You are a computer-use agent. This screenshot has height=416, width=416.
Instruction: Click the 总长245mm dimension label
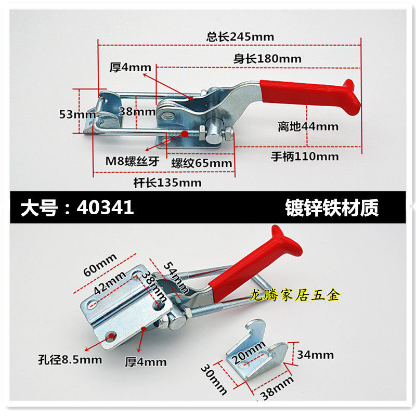pyautogui.click(x=240, y=37)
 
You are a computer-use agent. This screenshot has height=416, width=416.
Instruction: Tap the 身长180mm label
pyautogui.click(x=267, y=59)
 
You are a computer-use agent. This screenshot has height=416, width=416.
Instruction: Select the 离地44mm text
pyautogui.click(x=308, y=126)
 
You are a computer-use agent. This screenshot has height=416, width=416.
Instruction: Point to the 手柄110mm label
pyautogui.click(x=305, y=157)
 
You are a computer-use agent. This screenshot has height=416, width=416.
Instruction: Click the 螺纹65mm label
pyautogui.click(x=202, y=163)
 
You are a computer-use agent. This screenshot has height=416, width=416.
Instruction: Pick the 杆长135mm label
pyautogui.click(x=167, y=183)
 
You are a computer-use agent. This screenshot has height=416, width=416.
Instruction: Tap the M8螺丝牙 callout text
pyautogui.click(x=133, y=161)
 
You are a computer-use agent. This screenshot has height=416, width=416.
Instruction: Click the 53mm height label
pyautogui.click(x=77, y=114)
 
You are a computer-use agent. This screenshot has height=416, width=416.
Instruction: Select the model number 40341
pyautogui.click(x=105, y=207)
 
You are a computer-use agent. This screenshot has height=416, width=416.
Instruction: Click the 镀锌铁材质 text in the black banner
pyautogui.click(x=332, y=208)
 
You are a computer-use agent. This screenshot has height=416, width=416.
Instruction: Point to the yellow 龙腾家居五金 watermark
pyautogui.click(x=295, y=295)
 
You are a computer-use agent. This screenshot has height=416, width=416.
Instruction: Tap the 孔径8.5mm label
pyautogui.click(x=70, y=360)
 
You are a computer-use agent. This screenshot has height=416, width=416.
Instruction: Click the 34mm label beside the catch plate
pyautogui.click(x=315, y=355)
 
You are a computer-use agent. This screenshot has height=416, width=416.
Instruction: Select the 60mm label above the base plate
pyautogui.click(x=100, y=265)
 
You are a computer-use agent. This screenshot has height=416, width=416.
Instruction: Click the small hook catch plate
pyautogui.click(x=257, y=350)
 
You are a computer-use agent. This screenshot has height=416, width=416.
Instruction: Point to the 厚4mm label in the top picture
pyautogui.click(x=131, y=68)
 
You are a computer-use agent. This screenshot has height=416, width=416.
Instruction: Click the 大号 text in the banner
pyautogui.click(x=40, y=207)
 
